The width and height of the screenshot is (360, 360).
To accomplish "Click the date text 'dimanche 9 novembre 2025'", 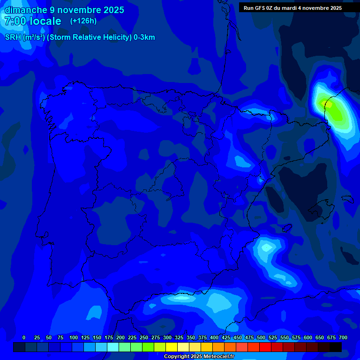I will (64, 10).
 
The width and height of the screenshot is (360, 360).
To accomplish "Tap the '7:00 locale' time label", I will (33, 21).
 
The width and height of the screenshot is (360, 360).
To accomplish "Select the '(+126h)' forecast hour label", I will (83, 21).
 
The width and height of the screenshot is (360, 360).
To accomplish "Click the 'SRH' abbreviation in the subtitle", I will (13, 37).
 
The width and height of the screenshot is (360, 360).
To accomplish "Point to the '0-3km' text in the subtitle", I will (144, 37).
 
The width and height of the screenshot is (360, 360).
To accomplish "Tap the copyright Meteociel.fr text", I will (199, 356).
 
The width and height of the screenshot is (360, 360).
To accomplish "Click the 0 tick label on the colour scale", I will (24, 337).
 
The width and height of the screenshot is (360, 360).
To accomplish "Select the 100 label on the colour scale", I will (74, 337).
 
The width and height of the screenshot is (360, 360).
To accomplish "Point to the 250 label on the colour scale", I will (144, 337).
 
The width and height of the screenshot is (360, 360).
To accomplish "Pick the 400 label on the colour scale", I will (214, 337).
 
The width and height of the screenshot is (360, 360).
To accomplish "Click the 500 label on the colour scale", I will (261, 337).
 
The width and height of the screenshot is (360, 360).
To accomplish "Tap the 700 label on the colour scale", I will (343, 337).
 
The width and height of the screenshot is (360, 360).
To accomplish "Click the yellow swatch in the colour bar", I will (172, 347).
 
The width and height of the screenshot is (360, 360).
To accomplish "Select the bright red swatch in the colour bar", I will (265, 347).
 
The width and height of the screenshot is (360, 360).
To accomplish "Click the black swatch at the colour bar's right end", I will (336, 347).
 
